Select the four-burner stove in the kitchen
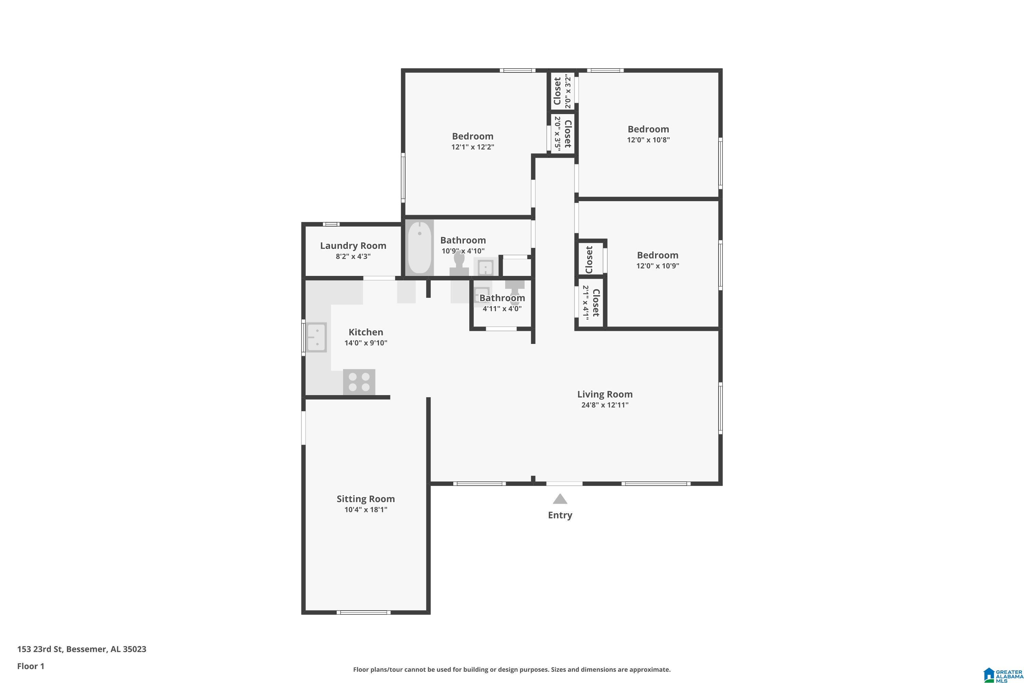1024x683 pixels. click(359, 382)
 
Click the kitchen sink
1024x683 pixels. click(316, 337)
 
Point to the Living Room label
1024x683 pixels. click(605, 394)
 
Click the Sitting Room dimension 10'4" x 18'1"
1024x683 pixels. click(366, 510)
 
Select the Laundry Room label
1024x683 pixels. click(353, 246)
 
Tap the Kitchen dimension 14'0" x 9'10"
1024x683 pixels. click(366, 343)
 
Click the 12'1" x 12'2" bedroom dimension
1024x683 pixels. click(473, 147)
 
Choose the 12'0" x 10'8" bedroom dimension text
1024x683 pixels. click(648, 140)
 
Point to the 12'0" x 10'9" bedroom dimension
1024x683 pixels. click(657, 266)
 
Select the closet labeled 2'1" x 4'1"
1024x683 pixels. click(591, 303)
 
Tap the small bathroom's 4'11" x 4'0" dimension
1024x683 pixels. click(502, 309)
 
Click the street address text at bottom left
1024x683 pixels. click(82, 649)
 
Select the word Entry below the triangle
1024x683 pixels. click(560, 515)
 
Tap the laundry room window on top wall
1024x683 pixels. click(331, 224)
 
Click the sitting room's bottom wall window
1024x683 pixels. click(364, 612)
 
